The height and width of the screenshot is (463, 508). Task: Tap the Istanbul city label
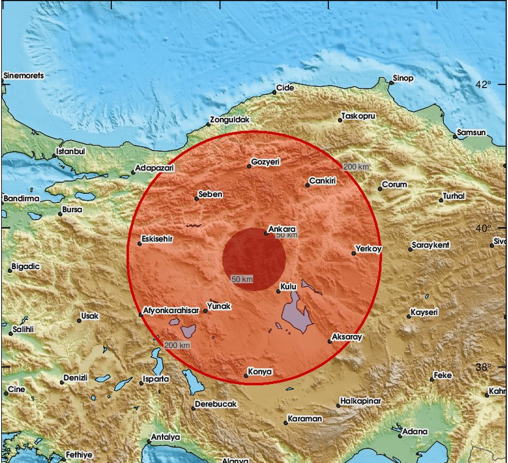[x=71, y=150]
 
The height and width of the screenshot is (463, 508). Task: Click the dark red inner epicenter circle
[x=254, y=259]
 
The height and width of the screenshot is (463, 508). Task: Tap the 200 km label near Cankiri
[x=356, y=167]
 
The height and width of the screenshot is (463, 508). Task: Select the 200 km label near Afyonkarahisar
[x=177, y=346]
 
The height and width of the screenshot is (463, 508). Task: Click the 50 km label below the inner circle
[x=243, y=279]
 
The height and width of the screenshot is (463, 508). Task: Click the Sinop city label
[x=403, y=78]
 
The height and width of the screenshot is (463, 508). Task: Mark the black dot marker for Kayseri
[x=409, y=316]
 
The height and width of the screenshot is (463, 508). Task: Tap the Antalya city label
[x=166, y=437]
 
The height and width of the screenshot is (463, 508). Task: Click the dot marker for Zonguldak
[x=208, y=124]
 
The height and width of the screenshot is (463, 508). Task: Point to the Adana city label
[x=415, y=431]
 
